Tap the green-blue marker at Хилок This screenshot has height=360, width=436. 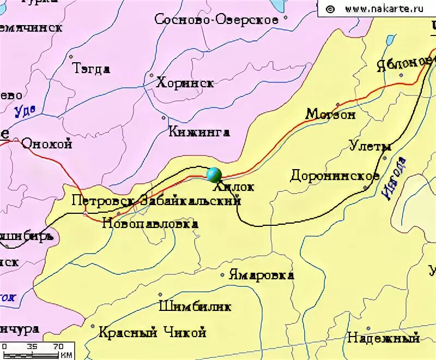tap(214, 175)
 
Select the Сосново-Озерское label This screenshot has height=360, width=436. tap(216, 20)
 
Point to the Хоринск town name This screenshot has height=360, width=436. tap(185, 83)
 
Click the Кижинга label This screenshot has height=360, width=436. tap(199, 132)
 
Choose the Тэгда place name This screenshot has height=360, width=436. tap(91, 69)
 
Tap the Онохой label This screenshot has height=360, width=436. tap(46, 145)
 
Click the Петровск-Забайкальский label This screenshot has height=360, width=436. tap(156, 201)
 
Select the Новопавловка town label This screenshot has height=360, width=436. tap(150, 224)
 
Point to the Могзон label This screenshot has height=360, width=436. tap(330, 114)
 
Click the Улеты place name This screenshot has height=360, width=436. tap(370, 146)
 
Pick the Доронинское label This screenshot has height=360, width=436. tap(335, 176)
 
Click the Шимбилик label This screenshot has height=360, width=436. tap(195, 307)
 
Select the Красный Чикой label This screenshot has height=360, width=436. tap(152, 332)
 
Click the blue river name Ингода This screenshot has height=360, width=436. tap(395, 178)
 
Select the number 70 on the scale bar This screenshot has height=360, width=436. tap(58, 346)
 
